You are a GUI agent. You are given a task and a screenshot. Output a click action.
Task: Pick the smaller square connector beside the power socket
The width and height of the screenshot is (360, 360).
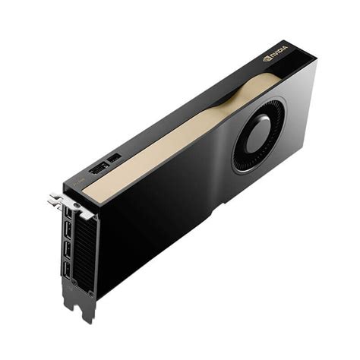114,157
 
